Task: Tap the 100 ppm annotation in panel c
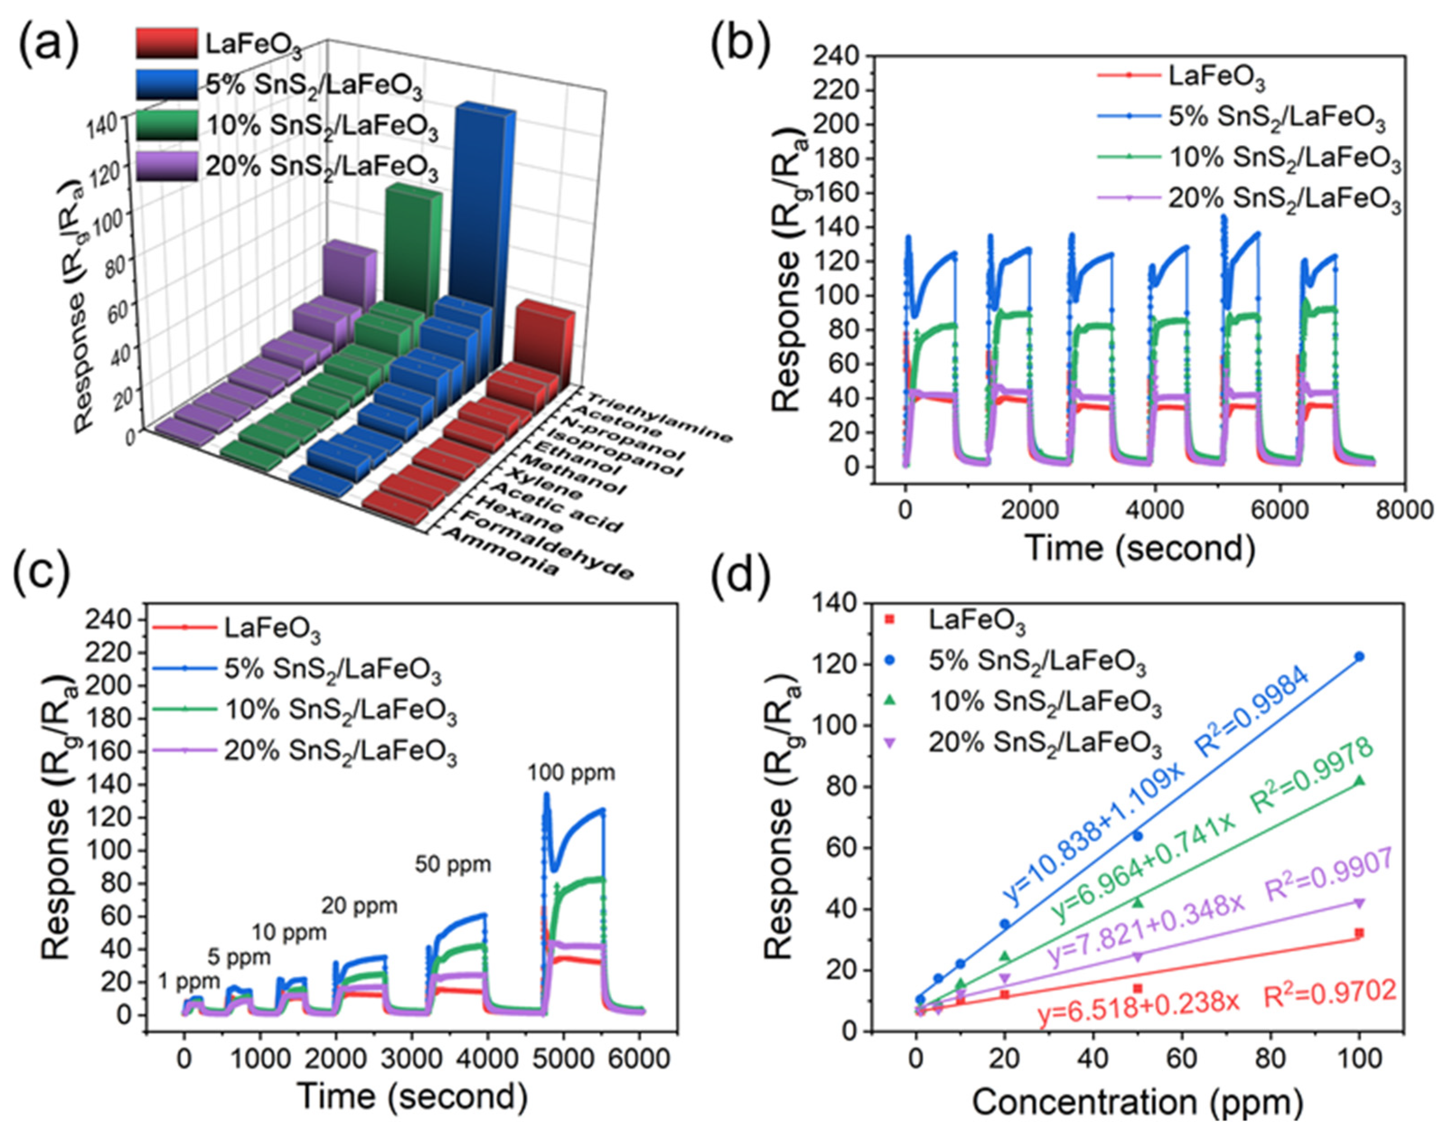tap(571, 773)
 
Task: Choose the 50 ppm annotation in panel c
tap(453, 865)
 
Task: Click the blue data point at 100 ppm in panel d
tap(1359, 656)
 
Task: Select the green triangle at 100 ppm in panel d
tap(1359, 781)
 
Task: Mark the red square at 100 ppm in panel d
tap(1359, 933)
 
